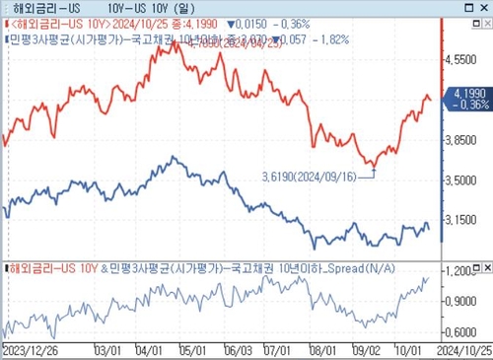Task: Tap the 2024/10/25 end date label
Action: [x=466, y=349]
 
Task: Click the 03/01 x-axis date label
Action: [x=105, y=349]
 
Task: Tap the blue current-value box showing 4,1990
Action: [x=468, y=98]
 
